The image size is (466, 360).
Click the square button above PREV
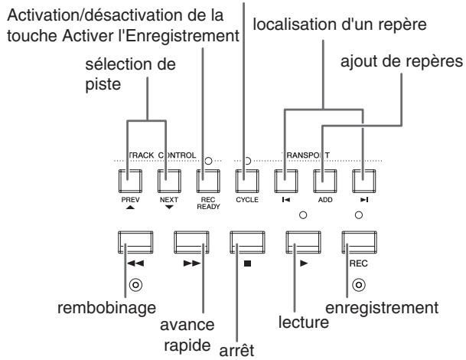(130, 181)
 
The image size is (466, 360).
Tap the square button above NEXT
(169, 181)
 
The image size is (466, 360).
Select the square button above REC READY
(208, 181)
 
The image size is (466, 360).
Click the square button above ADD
(325, 181)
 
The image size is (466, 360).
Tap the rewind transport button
(135, 243)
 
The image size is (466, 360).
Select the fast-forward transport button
(191, 243)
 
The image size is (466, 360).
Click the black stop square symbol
(247, 263)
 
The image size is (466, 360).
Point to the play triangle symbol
(304, 263)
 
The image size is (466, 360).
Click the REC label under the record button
(358, 263)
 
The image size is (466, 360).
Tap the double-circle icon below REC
(359, 285)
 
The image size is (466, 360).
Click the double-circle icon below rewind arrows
(135, 285)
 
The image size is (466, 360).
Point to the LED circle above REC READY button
(208, 161)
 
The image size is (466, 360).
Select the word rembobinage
(106, 308)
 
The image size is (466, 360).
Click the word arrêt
(236, 350)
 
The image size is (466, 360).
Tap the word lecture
(304, 322)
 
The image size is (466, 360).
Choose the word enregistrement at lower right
(382, 308)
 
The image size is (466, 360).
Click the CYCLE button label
(247, 200)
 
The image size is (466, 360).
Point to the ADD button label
(325, 200)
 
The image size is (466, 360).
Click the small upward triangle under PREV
(130, 207)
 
